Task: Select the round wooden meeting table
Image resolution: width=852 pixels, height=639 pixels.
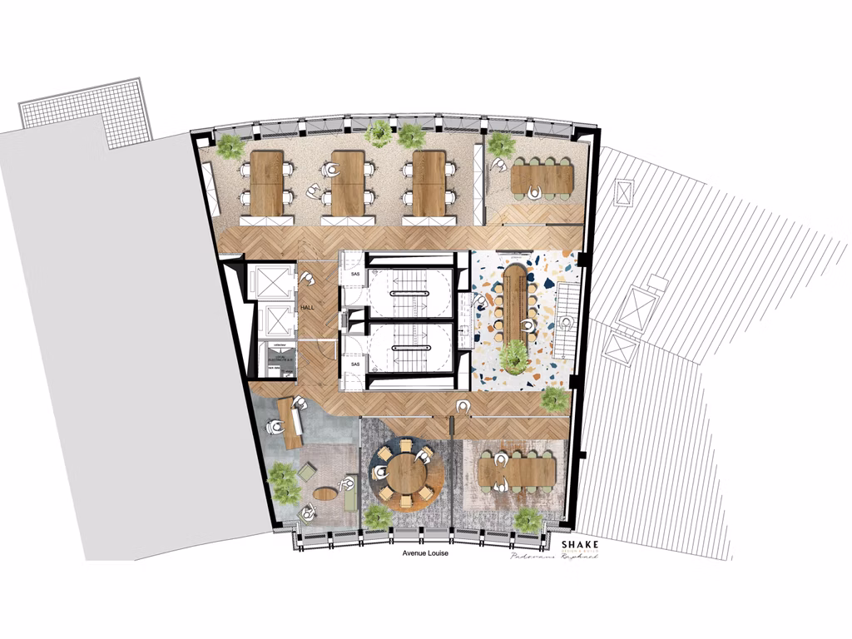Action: [x=406, y=473]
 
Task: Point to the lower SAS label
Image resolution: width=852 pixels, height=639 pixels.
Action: [x=354, y=364]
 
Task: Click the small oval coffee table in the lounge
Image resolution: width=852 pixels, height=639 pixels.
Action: [x=324, y=493]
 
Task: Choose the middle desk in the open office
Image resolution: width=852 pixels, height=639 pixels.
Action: [x=348, y=182]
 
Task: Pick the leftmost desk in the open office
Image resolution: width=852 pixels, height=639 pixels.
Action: [x=267, y=182]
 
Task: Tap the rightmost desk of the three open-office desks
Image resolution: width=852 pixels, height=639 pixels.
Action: [x=428, y=182]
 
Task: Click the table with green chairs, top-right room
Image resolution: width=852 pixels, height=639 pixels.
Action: [x=542, y=178]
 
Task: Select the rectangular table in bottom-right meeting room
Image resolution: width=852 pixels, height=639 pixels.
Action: [x=517, y=472]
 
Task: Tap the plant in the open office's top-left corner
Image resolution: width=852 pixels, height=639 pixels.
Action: [x=230, y=146]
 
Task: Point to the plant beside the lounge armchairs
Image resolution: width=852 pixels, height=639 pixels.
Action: [x=284, y=483]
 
